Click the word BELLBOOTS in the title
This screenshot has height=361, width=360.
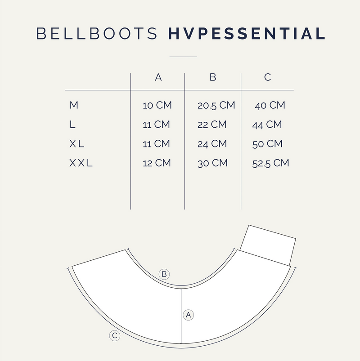pos(97,34)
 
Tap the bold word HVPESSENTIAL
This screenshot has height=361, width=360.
pos(247,34)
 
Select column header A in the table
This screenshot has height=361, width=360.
pos(158,77)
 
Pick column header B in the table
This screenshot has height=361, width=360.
pos(213,77)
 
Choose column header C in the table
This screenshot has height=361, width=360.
pos(267,77)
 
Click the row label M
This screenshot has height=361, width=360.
pos(74,105)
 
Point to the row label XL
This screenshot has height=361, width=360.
pos(76,144)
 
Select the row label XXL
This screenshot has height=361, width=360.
pos(81,163)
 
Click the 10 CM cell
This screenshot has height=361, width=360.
pos(157,106)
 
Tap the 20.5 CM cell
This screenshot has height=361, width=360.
pos(216,106)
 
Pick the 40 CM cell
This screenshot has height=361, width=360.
pos(270,106)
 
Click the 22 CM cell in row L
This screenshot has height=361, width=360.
pos(212,125)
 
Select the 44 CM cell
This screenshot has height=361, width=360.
pos(267,125)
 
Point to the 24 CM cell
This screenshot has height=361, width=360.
pos(212,144)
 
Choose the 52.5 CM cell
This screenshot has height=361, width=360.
pos(270,163)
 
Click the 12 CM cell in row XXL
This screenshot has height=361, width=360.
pos(157,163)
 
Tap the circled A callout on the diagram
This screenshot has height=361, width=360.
pos(188,315)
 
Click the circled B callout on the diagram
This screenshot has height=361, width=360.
pos(164,274)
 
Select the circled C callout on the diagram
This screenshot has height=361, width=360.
pos(115,335)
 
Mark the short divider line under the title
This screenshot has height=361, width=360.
pos(183,57)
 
